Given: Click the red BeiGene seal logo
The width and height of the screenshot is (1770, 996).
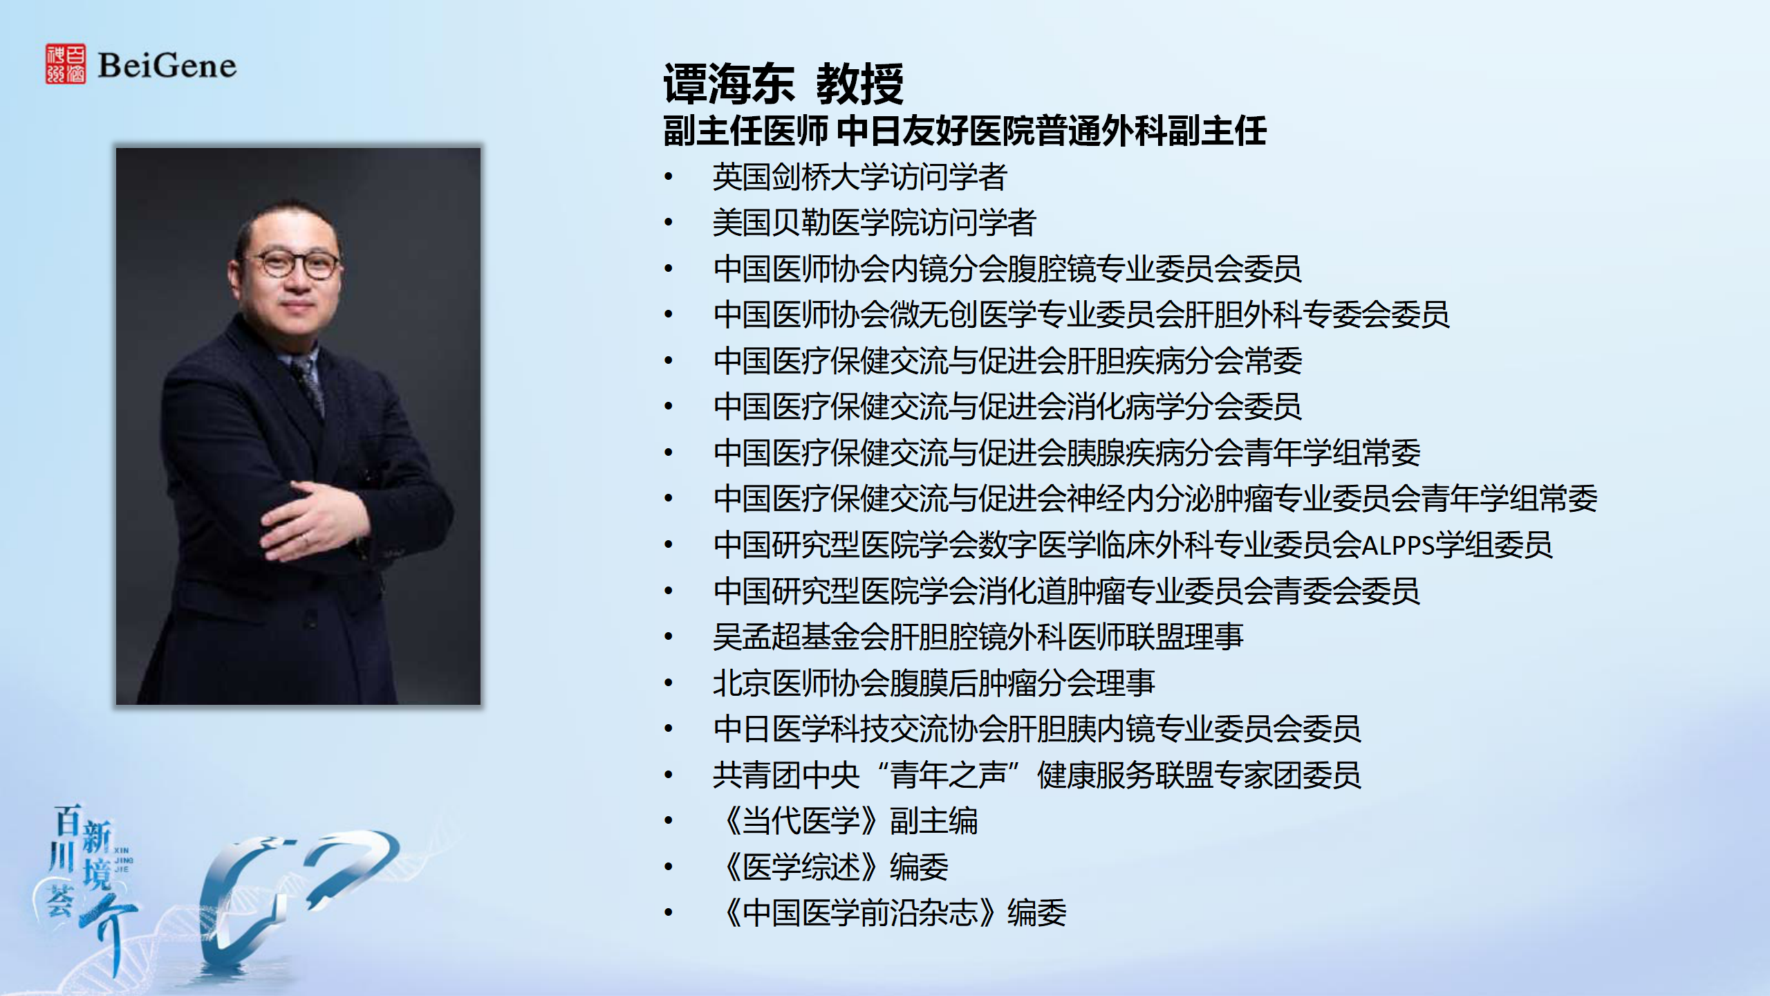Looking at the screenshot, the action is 66,64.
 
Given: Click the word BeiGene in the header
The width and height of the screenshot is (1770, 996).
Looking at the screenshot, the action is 167,66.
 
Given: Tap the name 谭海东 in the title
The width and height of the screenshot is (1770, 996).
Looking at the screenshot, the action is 729,84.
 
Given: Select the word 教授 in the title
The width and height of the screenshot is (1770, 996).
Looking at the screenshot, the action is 859,84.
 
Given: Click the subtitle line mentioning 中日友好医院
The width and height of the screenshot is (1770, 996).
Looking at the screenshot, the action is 965,131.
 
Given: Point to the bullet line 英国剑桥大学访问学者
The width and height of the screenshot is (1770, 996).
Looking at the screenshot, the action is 860,176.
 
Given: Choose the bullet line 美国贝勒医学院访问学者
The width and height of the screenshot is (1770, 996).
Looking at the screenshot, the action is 875,222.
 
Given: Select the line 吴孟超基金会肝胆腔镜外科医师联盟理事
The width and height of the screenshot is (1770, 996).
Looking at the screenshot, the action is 978,636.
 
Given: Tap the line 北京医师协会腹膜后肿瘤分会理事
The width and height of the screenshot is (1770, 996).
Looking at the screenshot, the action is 934,683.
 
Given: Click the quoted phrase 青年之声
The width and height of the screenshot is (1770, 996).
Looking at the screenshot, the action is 949,775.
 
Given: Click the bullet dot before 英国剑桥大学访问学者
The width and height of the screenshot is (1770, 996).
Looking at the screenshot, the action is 669,177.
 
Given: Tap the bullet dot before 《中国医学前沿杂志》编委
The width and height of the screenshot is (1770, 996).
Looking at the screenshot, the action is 669,913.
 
